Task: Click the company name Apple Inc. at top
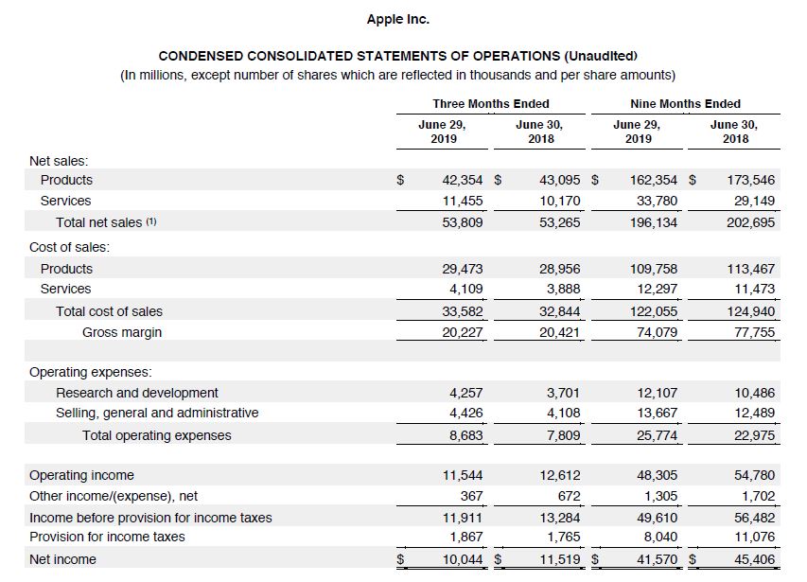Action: [397, 19]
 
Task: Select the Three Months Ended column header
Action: [490, 103]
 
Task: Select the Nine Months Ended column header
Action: [685, 103]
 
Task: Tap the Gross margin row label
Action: [121, 332]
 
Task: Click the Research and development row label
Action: [137, 393]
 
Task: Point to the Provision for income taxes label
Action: [107, 537]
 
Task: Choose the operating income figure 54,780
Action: [754, 475]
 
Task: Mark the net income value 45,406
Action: [754, 559]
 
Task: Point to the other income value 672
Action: [569, 496]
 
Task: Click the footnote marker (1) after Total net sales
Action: [150, 222]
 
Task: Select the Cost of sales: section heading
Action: [69, 247]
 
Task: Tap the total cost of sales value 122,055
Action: [654, 310]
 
